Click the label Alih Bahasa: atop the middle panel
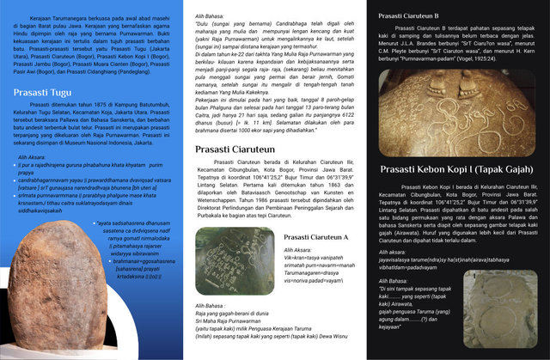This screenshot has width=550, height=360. click(211, 15)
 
